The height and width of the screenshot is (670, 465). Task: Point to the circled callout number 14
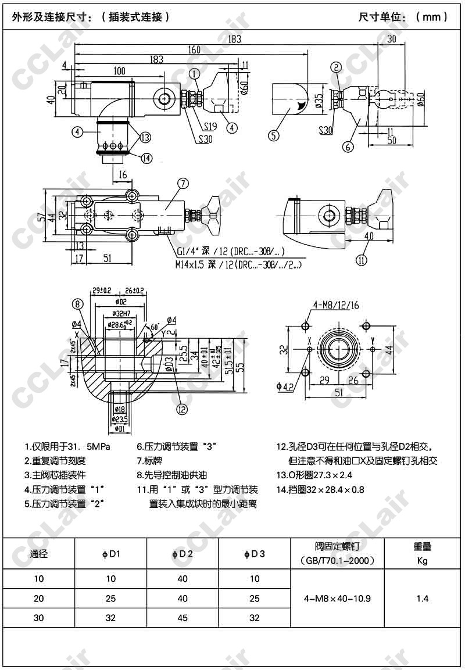[145, 157]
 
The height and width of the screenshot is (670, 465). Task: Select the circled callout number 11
[362, 260]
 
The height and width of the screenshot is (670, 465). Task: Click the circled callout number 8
[78, 303]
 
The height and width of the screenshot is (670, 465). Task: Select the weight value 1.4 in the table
[422, 598]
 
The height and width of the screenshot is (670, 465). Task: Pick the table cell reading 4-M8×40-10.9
[337, 598]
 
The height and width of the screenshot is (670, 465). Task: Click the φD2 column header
[183, 554]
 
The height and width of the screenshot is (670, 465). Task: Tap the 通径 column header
[39, 554]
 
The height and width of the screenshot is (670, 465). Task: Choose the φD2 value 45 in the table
[183, 618]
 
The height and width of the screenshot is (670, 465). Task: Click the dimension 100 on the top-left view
[120, 71]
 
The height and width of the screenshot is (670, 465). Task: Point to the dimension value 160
[194, 49]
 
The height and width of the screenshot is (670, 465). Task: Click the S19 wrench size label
[210, 125]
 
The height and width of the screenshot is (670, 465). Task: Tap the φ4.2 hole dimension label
[287, 385]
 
